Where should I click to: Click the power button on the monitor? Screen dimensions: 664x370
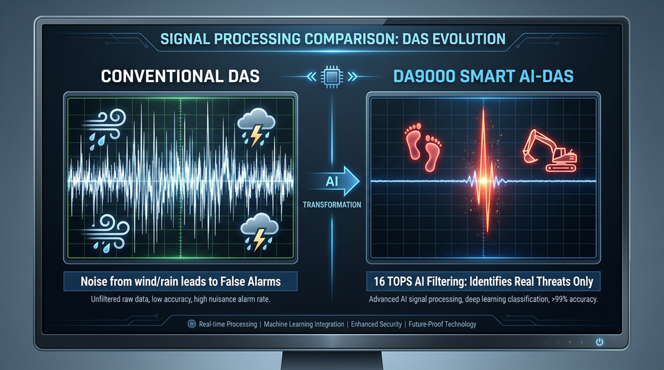coord(599,342)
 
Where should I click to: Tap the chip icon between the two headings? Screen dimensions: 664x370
coord(332,77)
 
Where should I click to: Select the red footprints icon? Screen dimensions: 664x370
coord(423,146)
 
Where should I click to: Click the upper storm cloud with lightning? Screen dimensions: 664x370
coord(256,126)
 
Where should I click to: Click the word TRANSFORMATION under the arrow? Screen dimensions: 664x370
coord(332,204)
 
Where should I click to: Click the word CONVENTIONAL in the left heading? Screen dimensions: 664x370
coord(162,77)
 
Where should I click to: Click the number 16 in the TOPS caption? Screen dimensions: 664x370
coord(378,282)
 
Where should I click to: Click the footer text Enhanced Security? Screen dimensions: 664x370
coord(376,324)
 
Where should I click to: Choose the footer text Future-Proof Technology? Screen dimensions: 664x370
coord(443,324)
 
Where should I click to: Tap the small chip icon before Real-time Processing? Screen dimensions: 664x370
coord(192,324)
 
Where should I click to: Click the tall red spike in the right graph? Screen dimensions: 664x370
coord(484,169)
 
